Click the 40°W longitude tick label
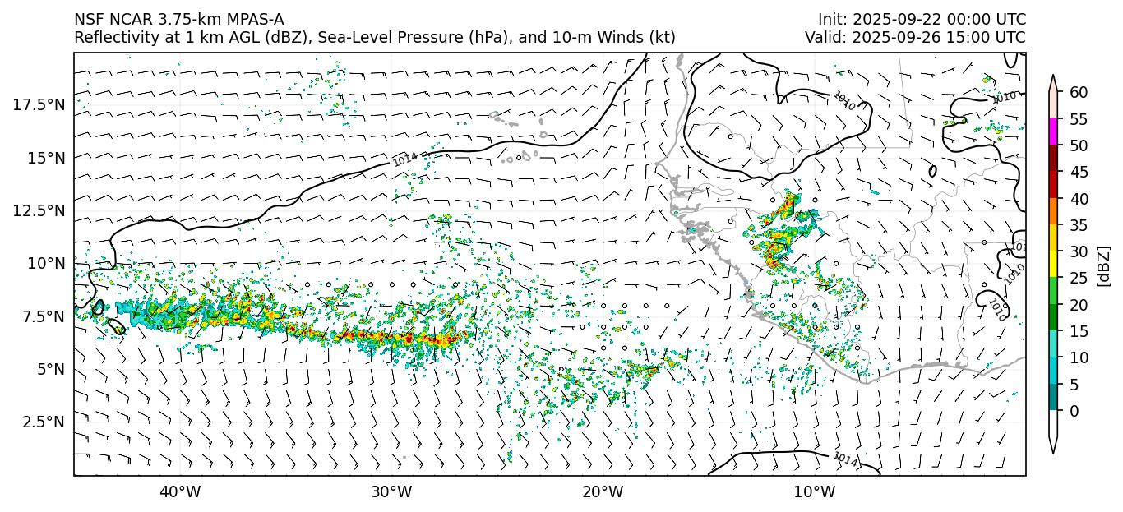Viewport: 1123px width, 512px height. click(179, 492)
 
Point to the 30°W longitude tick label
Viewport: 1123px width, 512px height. click(391, 492)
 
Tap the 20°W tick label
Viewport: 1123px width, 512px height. click(603, 492)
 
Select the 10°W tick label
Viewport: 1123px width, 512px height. click(815, 492)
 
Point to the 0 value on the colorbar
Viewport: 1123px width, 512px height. click(1074, 411)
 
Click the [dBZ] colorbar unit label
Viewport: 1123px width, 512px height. click(1103, 265)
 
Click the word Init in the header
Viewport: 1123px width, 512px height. click(830, 20)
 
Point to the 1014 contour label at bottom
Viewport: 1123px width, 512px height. click(846, 460)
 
